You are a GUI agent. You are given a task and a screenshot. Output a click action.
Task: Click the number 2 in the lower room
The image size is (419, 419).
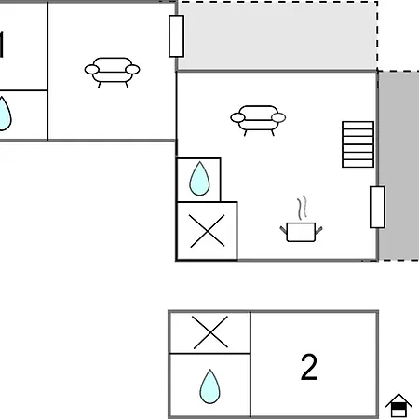point(309,367)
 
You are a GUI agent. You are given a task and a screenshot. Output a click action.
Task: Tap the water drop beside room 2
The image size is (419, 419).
point(210,386)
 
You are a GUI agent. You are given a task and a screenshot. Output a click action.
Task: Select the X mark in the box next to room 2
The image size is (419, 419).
point(210,332)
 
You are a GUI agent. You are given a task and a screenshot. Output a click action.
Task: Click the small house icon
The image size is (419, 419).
point(399,405)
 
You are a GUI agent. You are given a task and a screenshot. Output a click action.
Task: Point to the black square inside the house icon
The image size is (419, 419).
point(399,406)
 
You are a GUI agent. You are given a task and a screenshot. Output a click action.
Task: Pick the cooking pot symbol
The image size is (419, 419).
point(301,232)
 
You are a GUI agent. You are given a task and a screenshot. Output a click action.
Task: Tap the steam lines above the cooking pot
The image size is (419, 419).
point(302,208)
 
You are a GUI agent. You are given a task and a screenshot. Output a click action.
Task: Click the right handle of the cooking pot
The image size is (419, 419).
point(318,230)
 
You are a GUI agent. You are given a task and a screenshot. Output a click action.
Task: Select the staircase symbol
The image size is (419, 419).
point(358,144)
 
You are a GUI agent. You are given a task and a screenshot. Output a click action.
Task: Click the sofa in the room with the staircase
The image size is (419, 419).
point(258,120)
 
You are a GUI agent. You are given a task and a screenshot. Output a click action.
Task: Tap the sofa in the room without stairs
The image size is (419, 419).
point(112,73)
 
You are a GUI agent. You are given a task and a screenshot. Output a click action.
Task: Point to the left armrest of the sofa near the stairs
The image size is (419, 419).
point(237,118)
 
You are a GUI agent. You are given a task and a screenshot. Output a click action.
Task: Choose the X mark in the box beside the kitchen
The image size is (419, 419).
point(207,231)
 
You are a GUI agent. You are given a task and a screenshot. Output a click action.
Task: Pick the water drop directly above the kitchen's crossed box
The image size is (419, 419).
point(199,179)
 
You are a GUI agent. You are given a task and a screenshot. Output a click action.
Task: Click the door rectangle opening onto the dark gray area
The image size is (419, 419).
point(377,207)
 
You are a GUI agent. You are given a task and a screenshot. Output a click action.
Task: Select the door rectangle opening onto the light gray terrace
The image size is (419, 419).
point(176,36)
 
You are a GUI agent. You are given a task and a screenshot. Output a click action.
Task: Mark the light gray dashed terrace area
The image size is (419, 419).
point(277,36)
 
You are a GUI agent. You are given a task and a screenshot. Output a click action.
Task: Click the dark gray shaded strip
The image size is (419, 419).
point(399,166)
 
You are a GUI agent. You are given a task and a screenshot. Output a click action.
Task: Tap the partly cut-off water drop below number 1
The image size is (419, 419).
point(5,114)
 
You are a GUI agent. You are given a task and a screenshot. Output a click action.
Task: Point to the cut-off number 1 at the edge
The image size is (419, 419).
point(2,45)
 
